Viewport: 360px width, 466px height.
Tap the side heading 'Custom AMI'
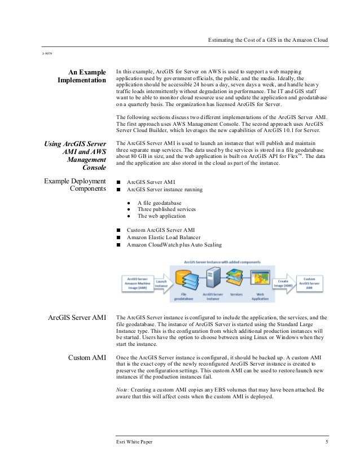[x=87, y=358]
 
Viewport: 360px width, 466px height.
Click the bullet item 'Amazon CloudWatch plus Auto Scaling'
[x=174, y=245]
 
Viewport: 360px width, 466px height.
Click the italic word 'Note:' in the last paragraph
[x=122, y=390]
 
